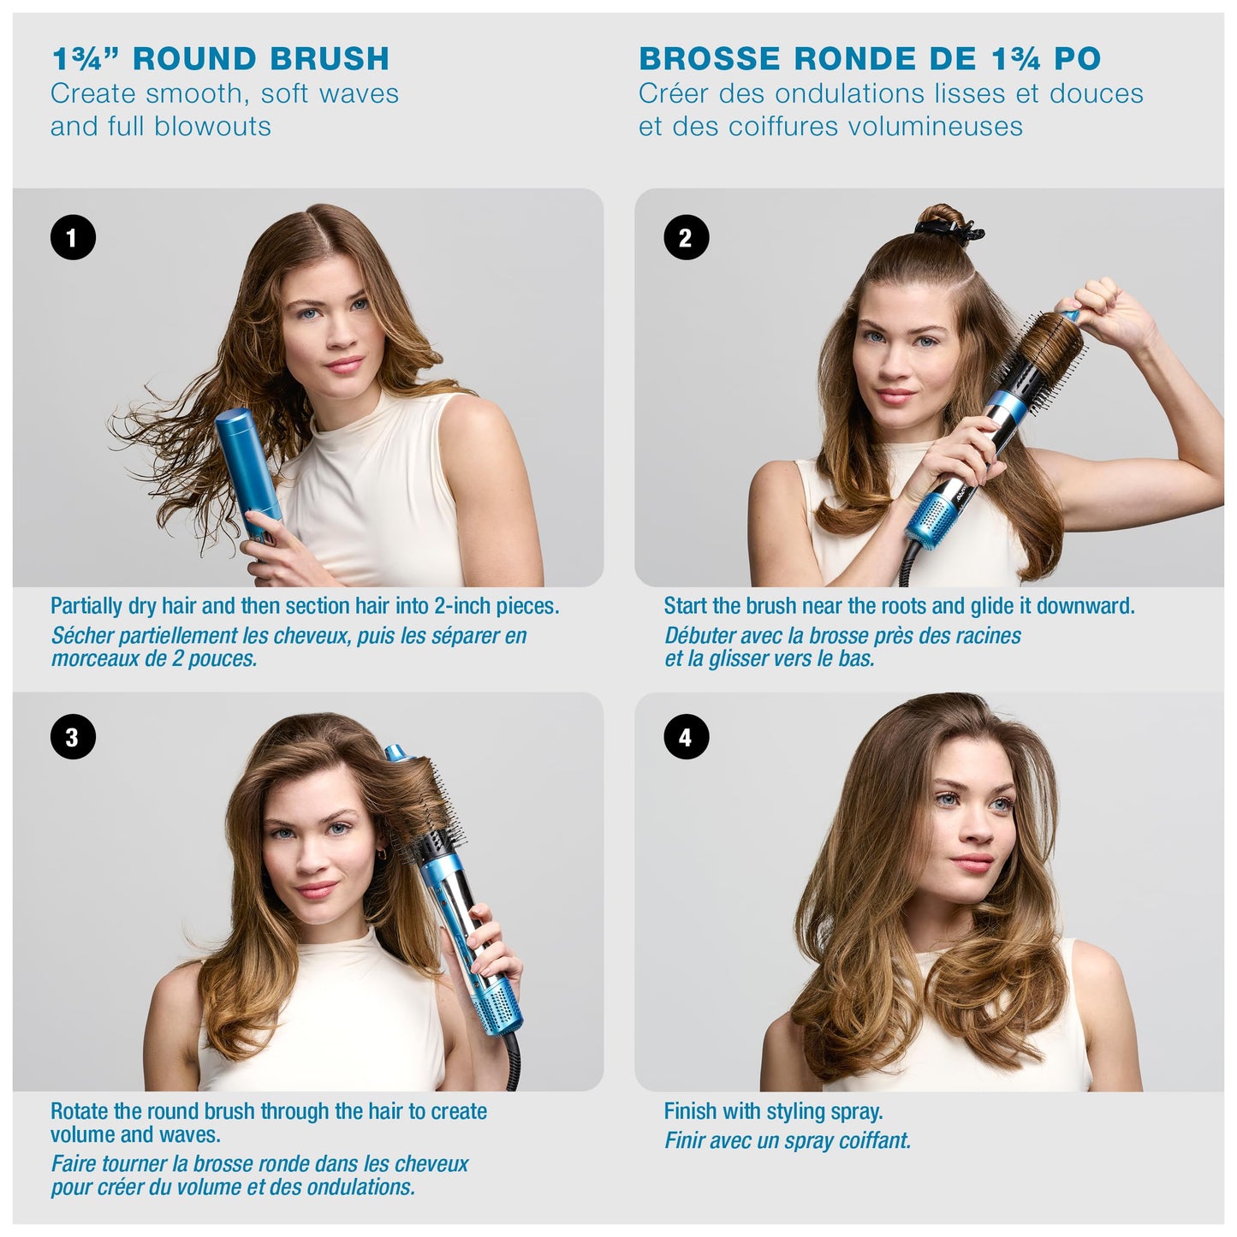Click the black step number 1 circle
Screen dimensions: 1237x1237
(73, 237)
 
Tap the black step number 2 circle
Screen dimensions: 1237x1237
(686, 237)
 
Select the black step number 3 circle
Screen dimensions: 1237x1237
(73, 737)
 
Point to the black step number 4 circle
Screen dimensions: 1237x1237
(686, 737)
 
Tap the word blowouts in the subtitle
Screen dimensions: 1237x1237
(214, 127)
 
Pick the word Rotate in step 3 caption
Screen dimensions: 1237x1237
(79, 1111)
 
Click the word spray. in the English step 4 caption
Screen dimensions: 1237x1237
(856, 1111)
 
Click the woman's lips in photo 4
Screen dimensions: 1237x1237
(972, 860)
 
